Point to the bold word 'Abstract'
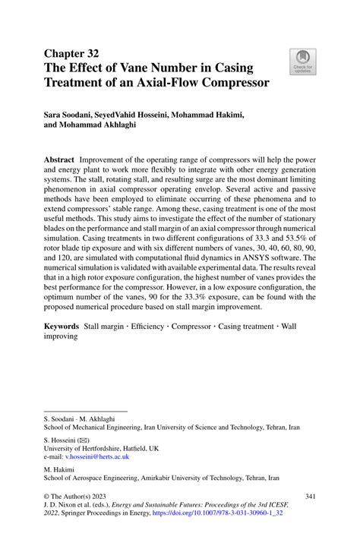59,162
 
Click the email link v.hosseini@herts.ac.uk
98,457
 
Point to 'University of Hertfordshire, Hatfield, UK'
102,448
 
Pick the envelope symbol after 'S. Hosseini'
87,439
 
